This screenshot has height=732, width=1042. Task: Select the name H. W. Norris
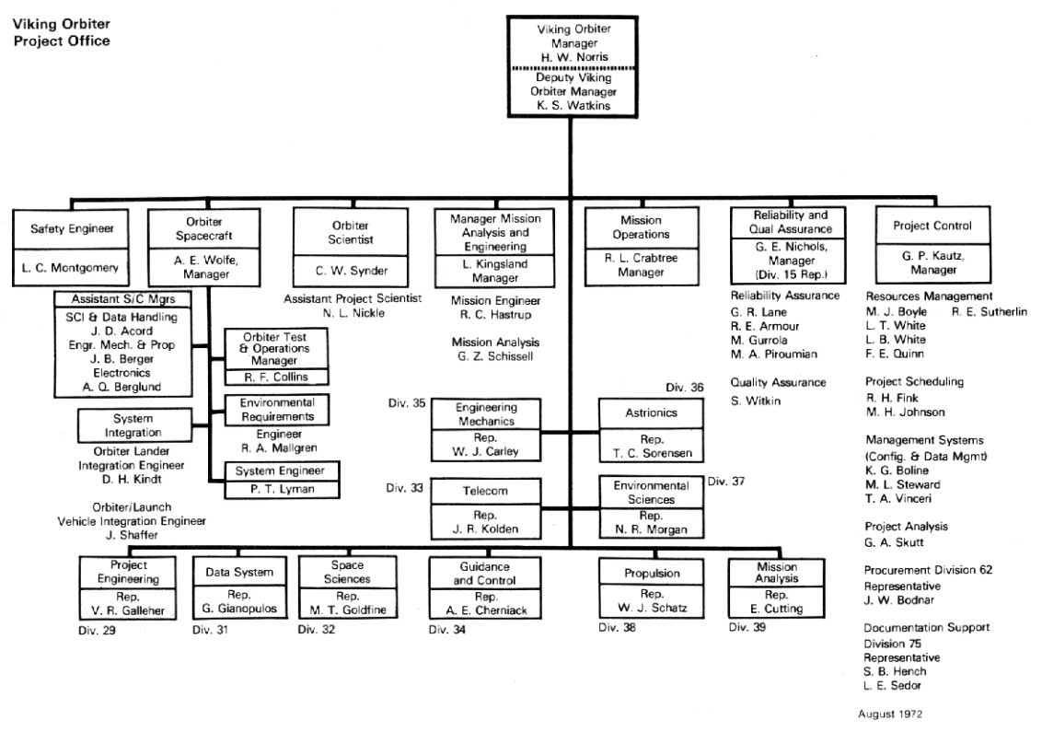574,56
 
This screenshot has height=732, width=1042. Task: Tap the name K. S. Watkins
574,105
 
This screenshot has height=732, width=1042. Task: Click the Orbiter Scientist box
350,247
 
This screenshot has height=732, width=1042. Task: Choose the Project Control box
932,246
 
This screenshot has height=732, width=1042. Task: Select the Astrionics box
652,429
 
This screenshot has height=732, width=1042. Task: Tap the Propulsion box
652,588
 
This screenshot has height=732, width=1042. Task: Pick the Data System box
239,588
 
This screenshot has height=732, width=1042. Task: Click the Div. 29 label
97,630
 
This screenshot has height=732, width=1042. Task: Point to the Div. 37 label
725,480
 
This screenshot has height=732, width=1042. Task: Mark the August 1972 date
890,714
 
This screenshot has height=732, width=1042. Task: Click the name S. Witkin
755,401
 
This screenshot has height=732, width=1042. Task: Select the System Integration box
133,425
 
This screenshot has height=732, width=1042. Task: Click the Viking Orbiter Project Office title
61,34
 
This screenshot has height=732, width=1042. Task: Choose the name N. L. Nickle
353,313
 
